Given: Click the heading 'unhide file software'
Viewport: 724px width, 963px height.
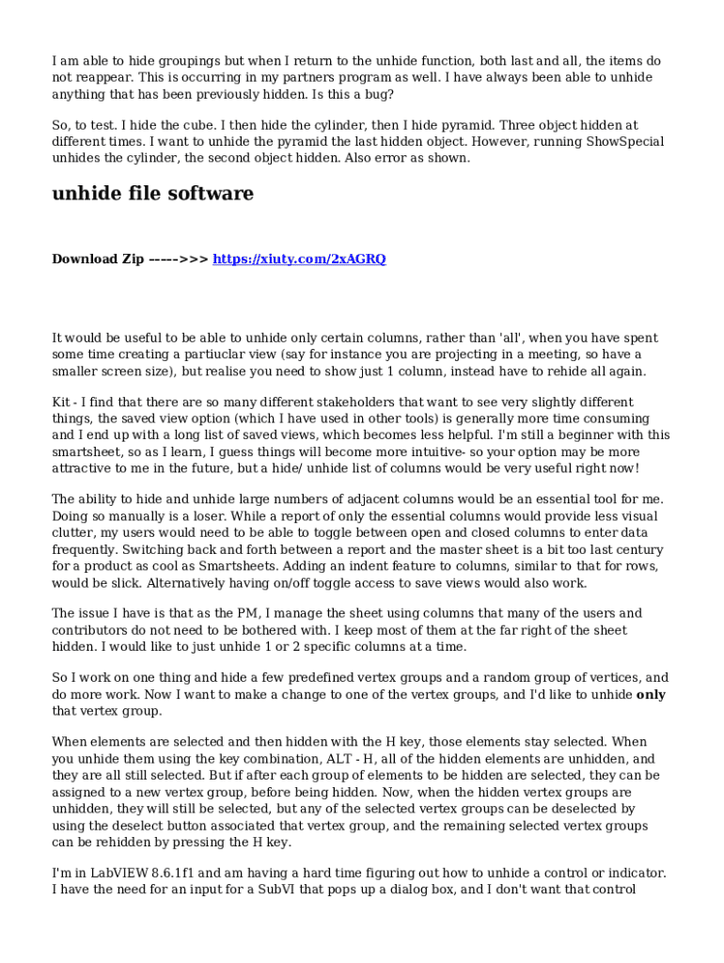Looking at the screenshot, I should tap(152, 194).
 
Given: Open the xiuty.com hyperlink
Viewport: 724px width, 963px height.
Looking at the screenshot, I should tap(299, 259).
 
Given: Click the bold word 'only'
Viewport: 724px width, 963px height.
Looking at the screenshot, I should tap(652, 695).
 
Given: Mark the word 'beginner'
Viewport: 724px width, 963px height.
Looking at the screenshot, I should tap(581, 435).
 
